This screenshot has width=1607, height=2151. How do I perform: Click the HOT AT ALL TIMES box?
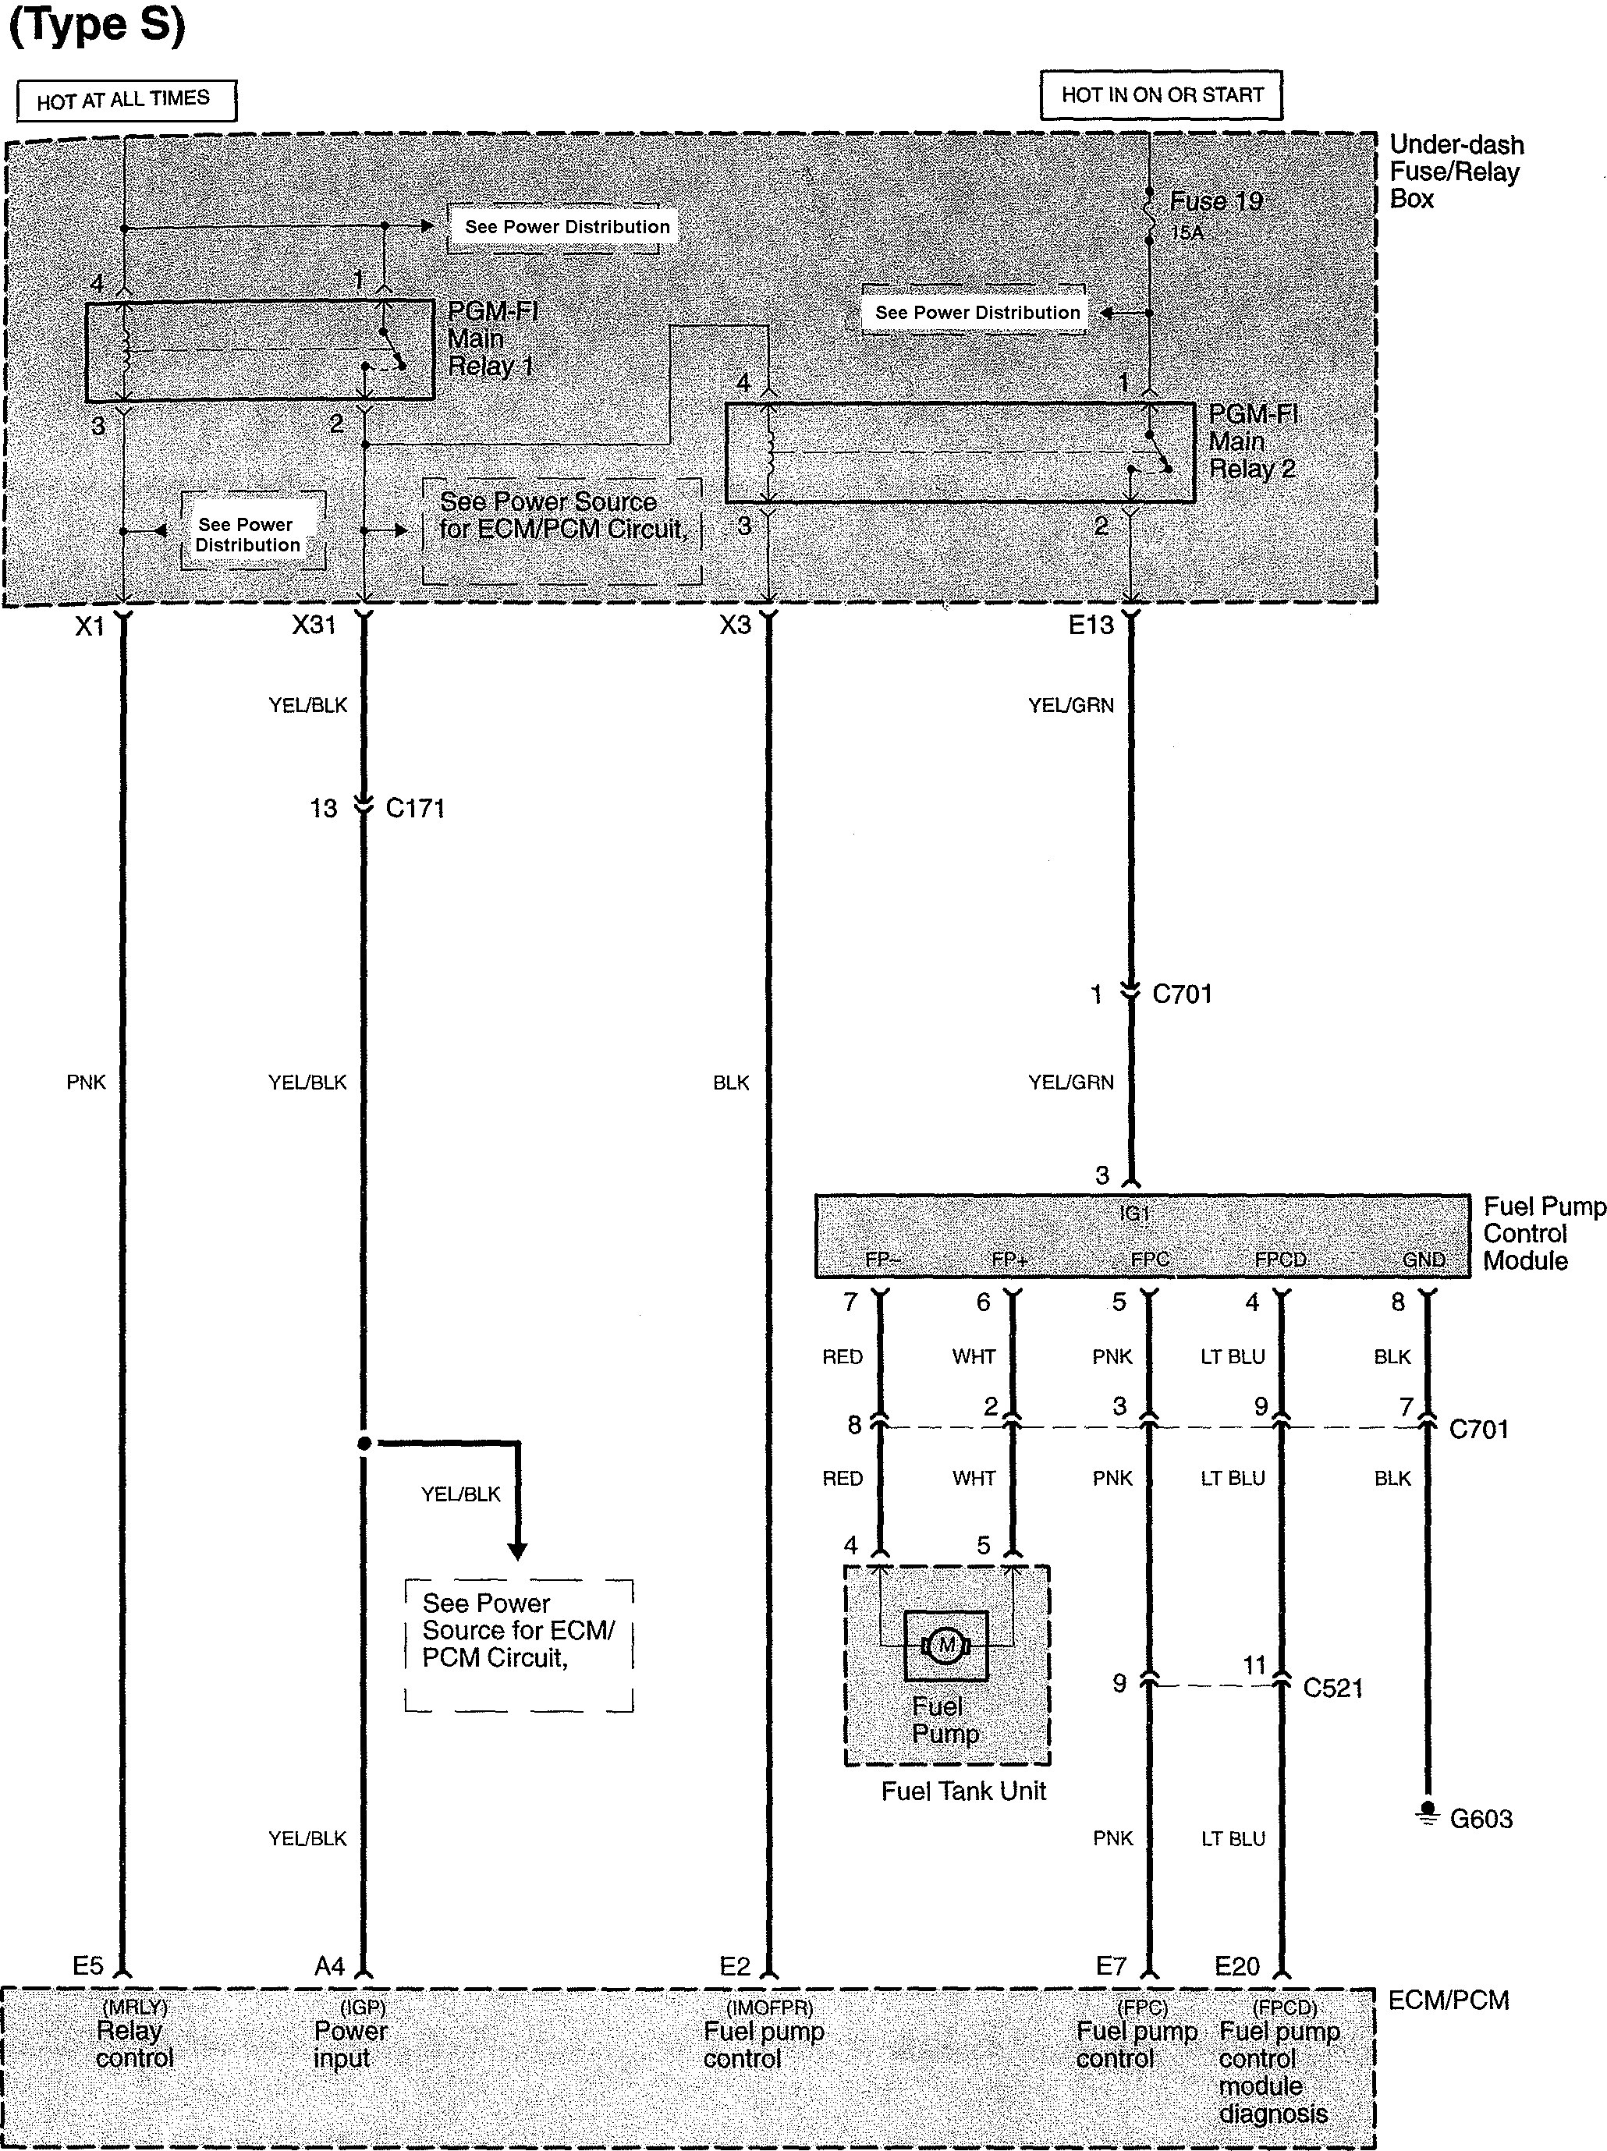click(126, 100)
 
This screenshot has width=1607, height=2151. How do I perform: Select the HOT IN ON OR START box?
click(1162, 95)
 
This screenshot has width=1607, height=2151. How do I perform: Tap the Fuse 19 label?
click(1216, 201)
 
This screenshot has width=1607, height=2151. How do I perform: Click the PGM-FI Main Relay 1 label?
click(491, 338)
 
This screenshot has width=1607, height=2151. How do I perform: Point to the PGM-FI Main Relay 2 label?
click(1252, 441)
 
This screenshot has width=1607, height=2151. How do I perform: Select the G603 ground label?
click(1481, 1819)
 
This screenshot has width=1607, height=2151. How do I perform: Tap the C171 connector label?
click(415, 808)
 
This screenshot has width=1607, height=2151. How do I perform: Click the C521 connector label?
click(1332, 1689)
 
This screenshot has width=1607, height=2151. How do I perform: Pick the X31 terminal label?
click(314, 624)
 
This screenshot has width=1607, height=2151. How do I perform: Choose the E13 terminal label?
click(1091, 624)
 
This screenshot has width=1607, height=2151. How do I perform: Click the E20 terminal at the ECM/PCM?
click(1237, 1966)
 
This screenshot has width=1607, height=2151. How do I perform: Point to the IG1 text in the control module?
click(1134, 1213)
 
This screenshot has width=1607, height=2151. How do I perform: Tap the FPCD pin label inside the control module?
click(1280, 1260)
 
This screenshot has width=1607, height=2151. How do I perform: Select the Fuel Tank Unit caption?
click(963, 1791)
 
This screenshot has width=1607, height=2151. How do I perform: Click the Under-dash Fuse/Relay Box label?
click(1455, 172)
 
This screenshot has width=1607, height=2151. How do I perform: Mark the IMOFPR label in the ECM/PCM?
click(769, 2007)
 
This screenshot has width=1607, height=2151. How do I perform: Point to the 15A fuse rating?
click(1187, 232)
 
